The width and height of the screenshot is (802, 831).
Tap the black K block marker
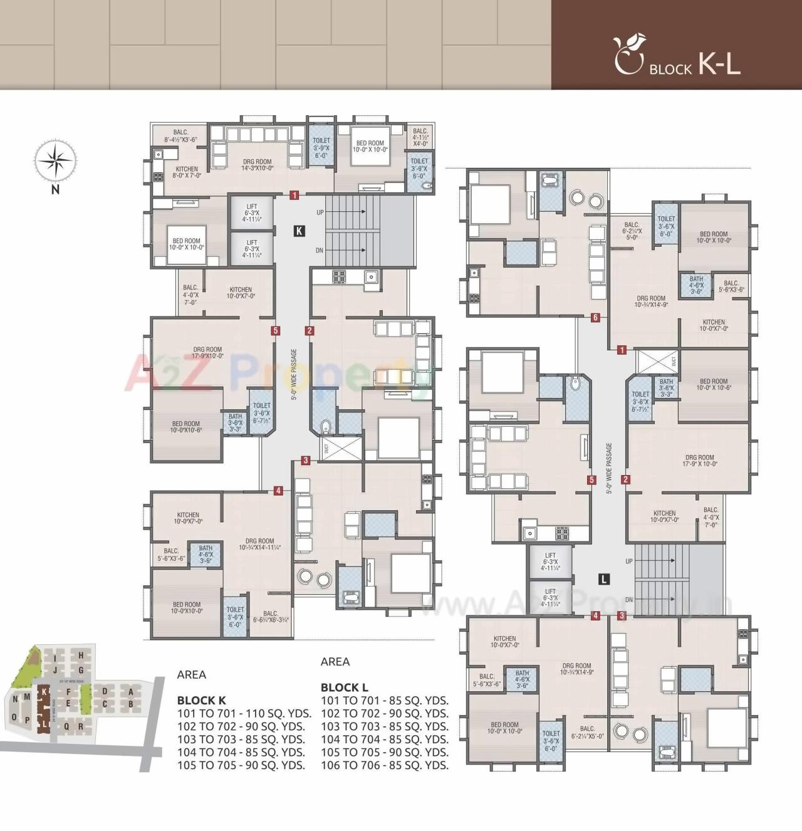pyautogui.click(x=299, y=231)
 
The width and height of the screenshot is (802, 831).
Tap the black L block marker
pyautogui.click(x=603, y=579)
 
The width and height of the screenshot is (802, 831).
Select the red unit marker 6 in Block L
pyautogui.click(x=595, y=318)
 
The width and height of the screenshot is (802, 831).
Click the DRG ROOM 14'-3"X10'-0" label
pyautogui.click(x=258, y=165)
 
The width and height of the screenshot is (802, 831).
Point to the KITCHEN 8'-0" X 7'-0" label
pyautogui.click(x=186, y=172)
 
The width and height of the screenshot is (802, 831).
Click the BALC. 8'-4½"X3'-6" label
pyautogui.click(x=180, y=136)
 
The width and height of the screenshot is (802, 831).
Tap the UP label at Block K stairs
pyautogui.click(x=320, y=212)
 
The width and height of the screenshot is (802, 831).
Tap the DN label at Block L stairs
pyautogui.click(x=628, y=600)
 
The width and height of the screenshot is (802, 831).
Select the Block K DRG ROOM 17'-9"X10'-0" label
pyautogui.click(x=207, y=353)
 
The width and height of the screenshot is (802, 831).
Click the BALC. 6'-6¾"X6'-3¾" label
pyautogui.click(x=271, y=617)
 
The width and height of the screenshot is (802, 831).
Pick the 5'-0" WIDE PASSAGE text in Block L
pyautogui.click(x=609, y=469)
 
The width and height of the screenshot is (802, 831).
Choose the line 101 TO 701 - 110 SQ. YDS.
pyautogui.click(x=241, y=713)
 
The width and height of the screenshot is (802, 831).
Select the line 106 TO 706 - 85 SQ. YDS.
pyautogui.click(x=384, y=765)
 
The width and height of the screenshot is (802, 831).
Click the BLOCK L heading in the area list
pyautogui.click(x=344, y=687)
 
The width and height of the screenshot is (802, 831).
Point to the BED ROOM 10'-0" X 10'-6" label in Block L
pyautogui.click(x=714, y=384)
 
